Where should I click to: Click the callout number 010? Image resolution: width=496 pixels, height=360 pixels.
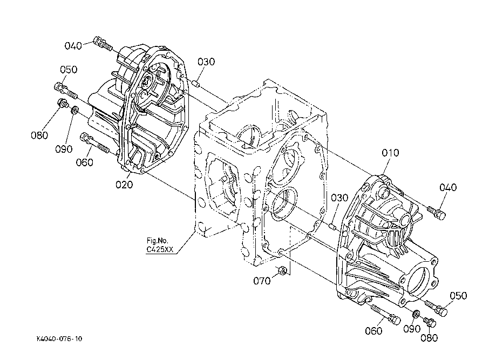390,153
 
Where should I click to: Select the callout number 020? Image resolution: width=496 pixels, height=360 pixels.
124,185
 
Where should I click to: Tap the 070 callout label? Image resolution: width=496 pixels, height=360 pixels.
262,281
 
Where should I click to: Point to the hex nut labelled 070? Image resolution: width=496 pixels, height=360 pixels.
282,270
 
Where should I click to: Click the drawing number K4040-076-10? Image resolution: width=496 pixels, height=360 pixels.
59,339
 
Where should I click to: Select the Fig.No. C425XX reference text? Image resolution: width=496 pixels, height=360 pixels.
159,245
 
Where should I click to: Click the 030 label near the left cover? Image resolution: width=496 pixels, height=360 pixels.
206,62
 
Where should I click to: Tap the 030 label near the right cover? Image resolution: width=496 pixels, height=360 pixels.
339,198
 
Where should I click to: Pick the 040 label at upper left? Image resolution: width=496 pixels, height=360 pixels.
73,46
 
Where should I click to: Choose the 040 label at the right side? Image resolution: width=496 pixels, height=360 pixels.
448,188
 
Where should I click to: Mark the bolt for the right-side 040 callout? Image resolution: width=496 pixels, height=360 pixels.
437,213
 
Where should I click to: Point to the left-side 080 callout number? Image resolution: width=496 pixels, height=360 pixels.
39,135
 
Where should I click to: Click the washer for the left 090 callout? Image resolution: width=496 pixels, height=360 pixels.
75,110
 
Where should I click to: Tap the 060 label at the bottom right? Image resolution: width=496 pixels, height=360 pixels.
373,331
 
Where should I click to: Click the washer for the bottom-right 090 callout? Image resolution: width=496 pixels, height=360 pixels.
416,314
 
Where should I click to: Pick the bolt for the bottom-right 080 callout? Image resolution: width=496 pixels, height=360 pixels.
430,322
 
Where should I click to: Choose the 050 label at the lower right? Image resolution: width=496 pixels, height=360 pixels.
458,296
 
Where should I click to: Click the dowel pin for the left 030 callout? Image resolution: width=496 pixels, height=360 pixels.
195,84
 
